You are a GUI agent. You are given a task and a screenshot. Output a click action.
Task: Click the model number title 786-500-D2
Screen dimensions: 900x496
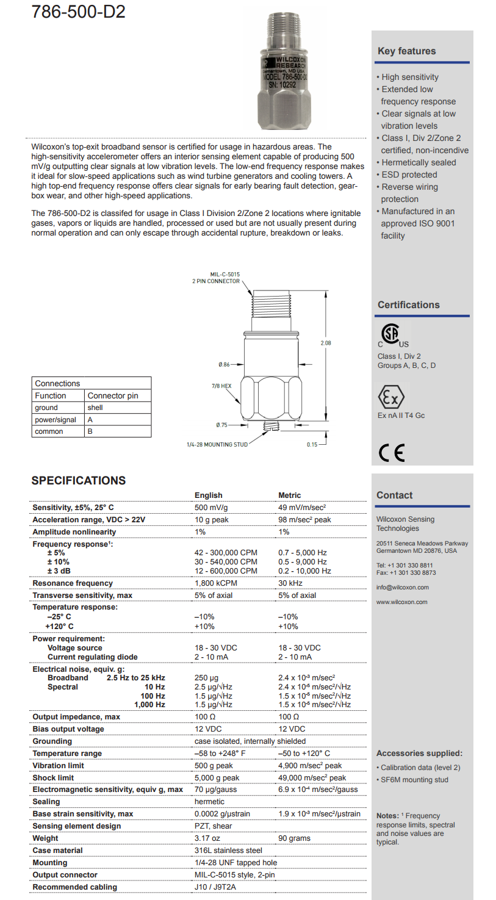[78, 10]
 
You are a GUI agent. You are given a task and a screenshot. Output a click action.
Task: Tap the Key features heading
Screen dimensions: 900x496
[406, 51]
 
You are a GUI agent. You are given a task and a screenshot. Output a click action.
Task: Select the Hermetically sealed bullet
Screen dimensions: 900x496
[419, 162]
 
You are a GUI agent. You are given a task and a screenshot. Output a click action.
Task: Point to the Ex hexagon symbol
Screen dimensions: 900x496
[391, 398]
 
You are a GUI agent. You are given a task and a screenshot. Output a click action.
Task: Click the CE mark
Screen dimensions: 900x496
[391, 453]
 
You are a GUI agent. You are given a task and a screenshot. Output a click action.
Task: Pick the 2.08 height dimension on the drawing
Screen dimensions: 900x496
[326, 343]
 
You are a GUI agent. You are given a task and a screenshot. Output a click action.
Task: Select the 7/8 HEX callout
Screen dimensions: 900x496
[221, 386]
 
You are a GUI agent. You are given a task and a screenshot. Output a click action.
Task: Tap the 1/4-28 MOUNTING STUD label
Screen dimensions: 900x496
[217, 444]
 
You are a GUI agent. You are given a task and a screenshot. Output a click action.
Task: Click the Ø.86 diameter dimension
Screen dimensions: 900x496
[224, 364]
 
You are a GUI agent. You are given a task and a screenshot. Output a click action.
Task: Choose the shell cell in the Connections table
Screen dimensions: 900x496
[96, 408]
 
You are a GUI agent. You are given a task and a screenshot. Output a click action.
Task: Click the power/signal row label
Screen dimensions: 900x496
[56, 420]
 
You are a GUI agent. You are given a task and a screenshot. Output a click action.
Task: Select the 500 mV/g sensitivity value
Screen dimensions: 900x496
[211, 508]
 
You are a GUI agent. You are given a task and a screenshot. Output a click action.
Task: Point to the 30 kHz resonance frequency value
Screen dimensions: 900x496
[290, 583]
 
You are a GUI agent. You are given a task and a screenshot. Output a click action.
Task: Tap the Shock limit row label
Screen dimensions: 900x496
[53, 778]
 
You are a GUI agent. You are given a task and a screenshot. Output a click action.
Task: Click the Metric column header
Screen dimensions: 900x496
[290, 495]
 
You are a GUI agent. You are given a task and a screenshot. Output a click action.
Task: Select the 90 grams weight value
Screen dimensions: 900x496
[295, 838]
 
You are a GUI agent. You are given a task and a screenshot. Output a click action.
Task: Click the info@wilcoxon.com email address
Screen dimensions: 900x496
[402, 588]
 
